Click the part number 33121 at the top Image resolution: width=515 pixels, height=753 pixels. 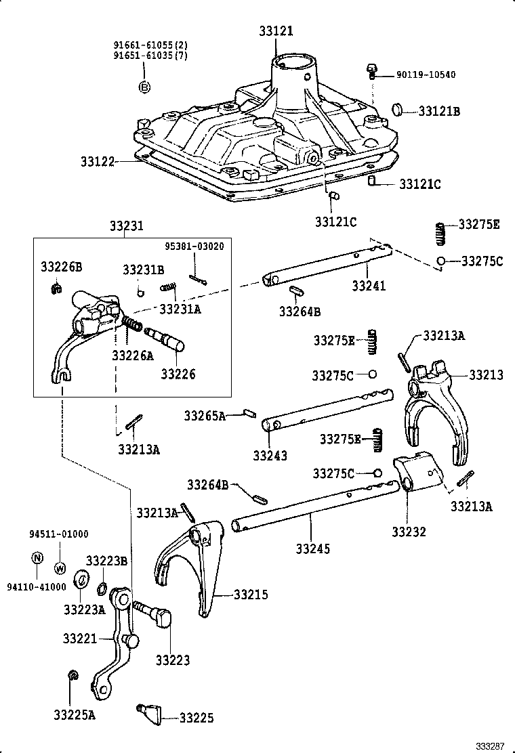pyautogui.click(x=276, y=30)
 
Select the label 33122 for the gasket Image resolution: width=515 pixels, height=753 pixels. pyautogui.click(x=99, y=163)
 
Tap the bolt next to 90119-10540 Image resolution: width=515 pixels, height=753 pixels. pyautogui.click(x=371, y=70)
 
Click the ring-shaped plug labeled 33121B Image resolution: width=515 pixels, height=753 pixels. pyautogui.click(x=400, y=109)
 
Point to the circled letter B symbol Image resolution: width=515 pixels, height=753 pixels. pyautogui.click(x=144, y=87)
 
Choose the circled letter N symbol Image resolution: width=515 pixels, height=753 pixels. pyautogui.click(x=38, y=558)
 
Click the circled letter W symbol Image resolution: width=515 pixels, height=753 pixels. pyautogui.click(x=59, y=567)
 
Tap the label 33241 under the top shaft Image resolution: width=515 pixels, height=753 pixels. pyautogui.click(x=369, y=286)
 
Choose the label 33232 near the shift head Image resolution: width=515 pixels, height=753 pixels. pyautogui.click(x=409, y=531)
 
